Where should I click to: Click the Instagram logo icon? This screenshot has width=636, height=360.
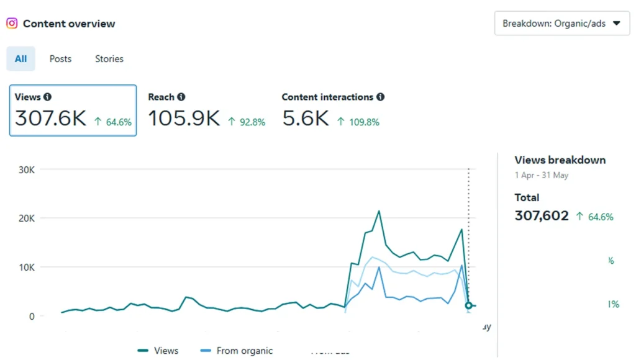tap(12, 24)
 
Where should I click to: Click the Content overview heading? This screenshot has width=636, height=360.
tap(69, 24)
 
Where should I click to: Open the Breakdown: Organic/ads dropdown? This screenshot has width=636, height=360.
tap(561, 24)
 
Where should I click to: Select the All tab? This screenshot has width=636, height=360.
tap(21, 59)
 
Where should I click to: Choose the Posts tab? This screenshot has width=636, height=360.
tap(60, 59)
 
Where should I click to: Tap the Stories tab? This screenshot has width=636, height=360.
tap(109, 59)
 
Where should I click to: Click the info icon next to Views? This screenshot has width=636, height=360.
tap(48, 97)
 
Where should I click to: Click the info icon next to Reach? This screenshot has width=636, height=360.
tap(181, 97)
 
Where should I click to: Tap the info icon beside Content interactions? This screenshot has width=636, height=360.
tap(380, 97)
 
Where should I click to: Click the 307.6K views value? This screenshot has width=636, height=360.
tap(50, 119)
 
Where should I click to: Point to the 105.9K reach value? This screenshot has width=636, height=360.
tap(184, 119)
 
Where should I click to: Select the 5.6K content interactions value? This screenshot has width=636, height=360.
tap(305, 119)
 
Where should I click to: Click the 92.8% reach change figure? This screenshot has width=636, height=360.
tap(252, 122)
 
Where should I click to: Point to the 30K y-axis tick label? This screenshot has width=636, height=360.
tap(25, 169)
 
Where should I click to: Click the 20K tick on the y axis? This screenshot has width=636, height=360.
tap(25, 218)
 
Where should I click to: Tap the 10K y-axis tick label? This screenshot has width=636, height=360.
tap(25, 268)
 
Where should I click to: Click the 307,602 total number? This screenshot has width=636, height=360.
tap(542, 216)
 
